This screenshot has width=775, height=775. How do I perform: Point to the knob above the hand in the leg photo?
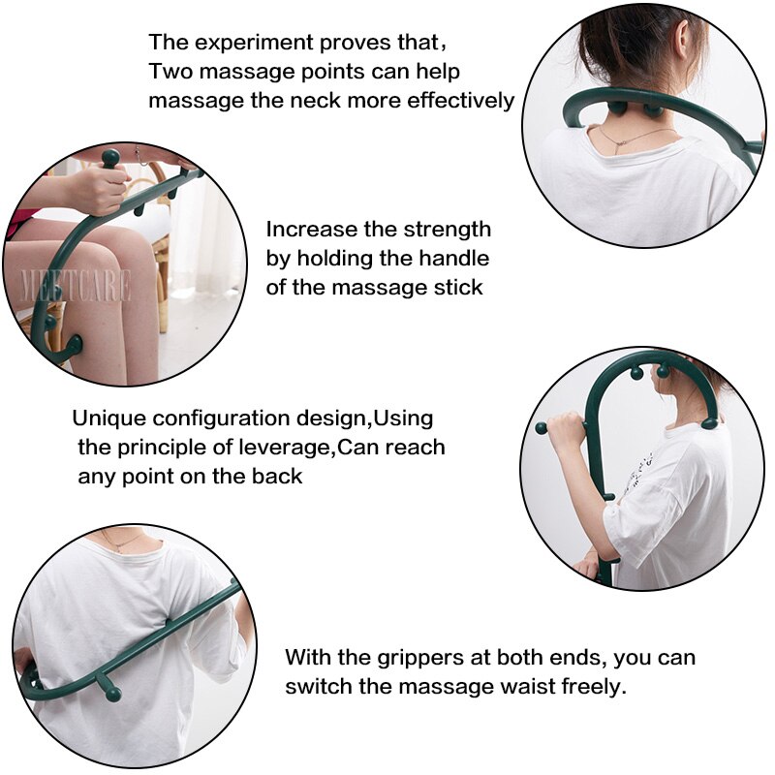pos(111,157)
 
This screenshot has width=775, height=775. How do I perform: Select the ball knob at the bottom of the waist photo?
pos(113,694)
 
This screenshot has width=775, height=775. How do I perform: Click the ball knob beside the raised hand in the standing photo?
pos(542,427)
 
